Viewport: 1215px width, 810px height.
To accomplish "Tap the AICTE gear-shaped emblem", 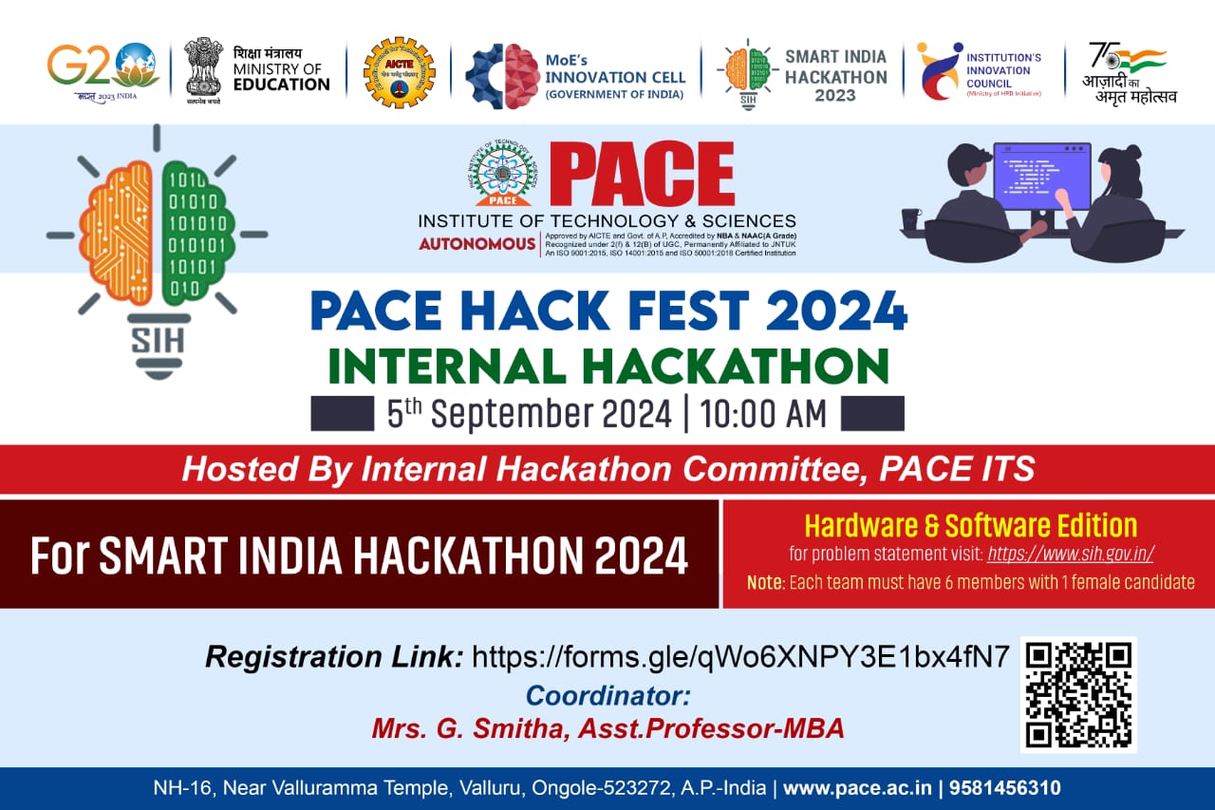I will (x=399, y=72).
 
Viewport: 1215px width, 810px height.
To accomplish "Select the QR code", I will (x=1078, y=694).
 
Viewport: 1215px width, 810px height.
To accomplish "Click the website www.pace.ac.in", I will (x=855, y=788).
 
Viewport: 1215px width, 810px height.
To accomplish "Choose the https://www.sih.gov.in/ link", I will (x=1070, y=554).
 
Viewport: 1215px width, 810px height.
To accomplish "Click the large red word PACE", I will (x=642, y=176).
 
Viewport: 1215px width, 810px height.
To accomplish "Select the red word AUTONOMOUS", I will (x=477, y=244).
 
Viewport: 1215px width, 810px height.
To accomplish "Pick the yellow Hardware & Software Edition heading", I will (x=970, y=525).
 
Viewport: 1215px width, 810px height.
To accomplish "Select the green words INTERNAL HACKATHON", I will (x=608, y=367).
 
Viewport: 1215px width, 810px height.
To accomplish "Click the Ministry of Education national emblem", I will (x=203, y=66).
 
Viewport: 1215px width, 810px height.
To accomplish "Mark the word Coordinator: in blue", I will (x=607, y=695).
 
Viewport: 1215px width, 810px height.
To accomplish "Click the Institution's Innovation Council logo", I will (x=940, y=71).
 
